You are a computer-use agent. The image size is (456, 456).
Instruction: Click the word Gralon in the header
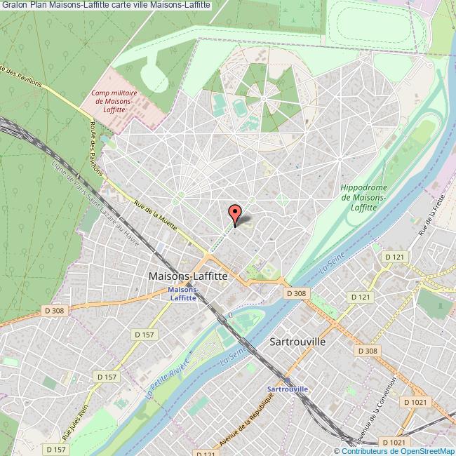point(15,6)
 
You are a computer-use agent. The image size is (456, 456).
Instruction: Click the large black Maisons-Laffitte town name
point(188,276)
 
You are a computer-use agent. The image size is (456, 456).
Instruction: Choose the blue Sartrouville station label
point(288,389)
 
